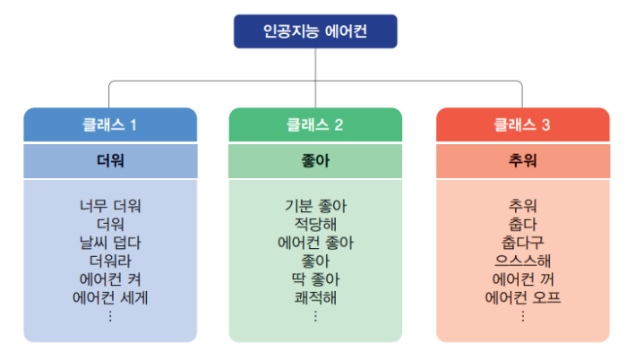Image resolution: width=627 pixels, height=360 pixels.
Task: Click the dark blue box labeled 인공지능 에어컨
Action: (315, 31)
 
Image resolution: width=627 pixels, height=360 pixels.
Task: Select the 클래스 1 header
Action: (110, 124)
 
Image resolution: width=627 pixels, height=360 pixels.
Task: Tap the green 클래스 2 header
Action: (315, 124)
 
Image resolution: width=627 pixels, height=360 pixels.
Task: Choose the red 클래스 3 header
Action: (523, 124)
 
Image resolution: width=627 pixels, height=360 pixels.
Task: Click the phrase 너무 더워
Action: (110, 206)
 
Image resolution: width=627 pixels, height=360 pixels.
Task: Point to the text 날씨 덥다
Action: (110, 243)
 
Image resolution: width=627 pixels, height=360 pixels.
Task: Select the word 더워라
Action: (110, 261)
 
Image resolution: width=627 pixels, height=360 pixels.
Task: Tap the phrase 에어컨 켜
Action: (110, 279)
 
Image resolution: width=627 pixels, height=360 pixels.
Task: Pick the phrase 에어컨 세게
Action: (110, 297)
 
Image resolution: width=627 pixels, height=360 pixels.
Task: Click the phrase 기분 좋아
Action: (315, 206)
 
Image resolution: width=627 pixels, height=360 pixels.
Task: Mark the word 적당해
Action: (315, 225)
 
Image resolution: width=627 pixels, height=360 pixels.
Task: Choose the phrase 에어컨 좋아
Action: (315, 243)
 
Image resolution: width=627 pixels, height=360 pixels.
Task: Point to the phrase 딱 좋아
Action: (315, 279)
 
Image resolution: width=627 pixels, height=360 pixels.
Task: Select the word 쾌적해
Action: (315, 297)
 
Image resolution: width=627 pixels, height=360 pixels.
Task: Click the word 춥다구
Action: (523, 243)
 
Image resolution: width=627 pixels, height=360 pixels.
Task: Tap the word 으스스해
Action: (523, 261)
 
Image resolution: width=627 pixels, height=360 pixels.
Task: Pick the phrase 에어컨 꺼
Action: (523, 279)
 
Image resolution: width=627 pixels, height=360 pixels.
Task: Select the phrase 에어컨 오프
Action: (523, 297)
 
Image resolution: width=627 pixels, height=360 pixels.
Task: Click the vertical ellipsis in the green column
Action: (315, 316)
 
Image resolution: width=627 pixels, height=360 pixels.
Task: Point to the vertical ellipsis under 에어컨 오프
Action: (523, 316)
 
